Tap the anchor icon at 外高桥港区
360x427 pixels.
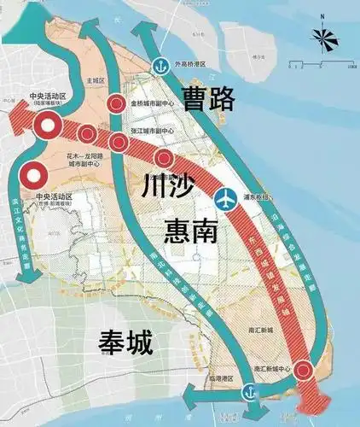[x=160, y=67]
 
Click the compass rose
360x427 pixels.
[x=322, y=37]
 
